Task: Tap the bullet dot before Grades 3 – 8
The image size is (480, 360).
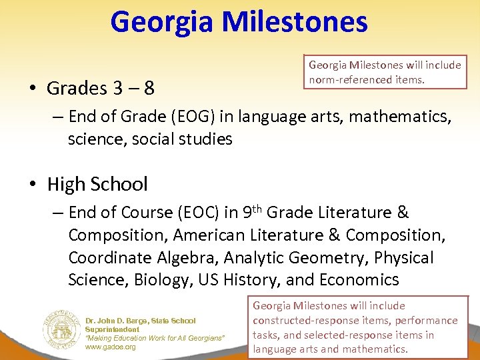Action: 33,89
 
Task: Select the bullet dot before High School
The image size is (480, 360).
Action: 33,185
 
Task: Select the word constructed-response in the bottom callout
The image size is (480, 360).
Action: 304,321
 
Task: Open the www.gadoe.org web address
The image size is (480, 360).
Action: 111,347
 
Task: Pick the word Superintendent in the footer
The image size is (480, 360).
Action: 112,329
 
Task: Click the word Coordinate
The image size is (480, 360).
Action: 111,258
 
